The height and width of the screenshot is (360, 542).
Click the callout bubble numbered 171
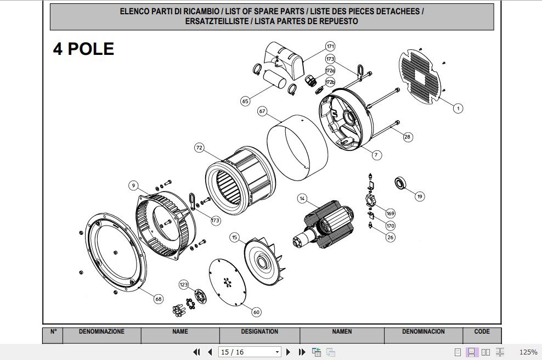tap(330, 46)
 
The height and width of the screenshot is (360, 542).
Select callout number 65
tap(245, 101)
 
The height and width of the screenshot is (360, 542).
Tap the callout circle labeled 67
tap(262, 111)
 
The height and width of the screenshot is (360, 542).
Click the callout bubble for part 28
tap(408, 137)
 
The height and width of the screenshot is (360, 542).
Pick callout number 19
tap(420, 196)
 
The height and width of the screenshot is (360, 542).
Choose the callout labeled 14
tap(302, 198)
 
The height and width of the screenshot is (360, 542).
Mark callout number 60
tap(256, 312)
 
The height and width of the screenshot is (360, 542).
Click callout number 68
tap(158, 299)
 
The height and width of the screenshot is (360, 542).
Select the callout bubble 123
tap(184, 284)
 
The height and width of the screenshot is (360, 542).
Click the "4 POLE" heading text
tap(83, 49)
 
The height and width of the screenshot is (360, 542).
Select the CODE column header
tap(482, 332)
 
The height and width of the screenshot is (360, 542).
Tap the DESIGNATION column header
tap(259, 332)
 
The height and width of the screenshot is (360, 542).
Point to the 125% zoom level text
tap(528, 352)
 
